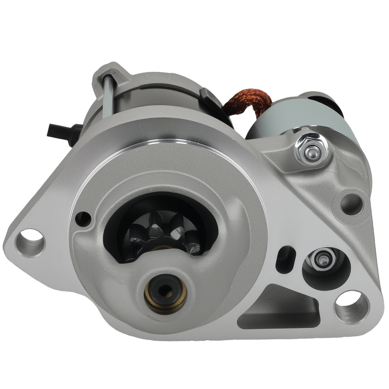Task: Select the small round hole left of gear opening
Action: tap(83, 218)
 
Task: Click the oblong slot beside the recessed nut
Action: tap(285, 259)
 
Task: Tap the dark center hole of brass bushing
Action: tap(166, 290)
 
